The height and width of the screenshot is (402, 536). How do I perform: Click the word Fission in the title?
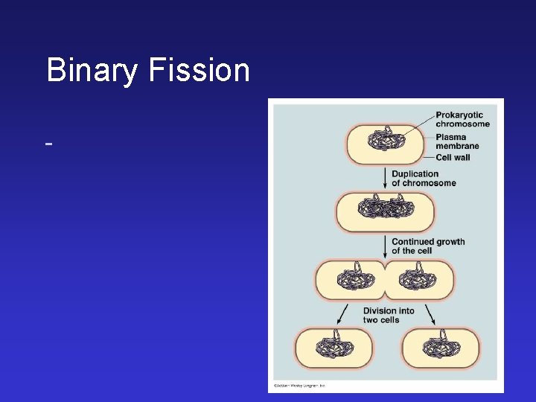point(200,71)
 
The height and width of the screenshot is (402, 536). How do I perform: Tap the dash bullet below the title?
point(48,141)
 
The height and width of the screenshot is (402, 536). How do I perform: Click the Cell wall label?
point(453,157)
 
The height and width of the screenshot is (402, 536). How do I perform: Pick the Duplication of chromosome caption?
point(424,179)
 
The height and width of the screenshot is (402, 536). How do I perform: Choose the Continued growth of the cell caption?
point(427,246)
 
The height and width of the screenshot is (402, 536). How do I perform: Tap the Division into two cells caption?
point(389,316)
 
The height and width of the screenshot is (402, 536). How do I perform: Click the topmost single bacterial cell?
point(385,144)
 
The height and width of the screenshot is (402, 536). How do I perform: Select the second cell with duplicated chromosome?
point(385,211)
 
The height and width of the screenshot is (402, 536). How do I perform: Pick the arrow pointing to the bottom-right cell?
point(430,314)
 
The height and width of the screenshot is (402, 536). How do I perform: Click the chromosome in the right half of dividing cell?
point(418,279)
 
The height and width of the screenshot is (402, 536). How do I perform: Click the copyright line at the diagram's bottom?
point(299,386)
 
